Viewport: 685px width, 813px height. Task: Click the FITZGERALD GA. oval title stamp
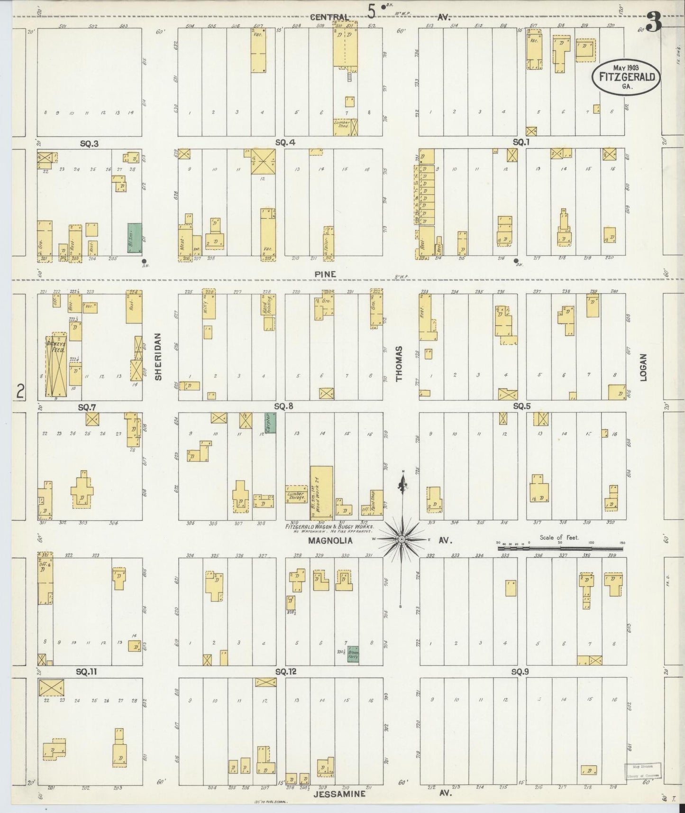coord(626,78)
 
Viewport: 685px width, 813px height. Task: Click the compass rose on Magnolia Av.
coord(402,539)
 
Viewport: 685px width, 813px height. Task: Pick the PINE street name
coord(325,274)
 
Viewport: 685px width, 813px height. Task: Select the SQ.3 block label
coord(89,143)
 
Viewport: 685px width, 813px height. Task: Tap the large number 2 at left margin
coord(20,391)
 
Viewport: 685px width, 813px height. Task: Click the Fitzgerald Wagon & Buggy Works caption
coord(329,527)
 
